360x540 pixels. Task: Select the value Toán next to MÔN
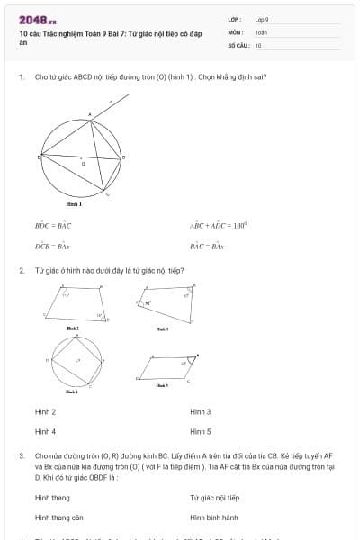(261, 31)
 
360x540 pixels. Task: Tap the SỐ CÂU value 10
(258, 44)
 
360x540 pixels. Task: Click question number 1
(21, 77)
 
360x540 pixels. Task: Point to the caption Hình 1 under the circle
(74, 204)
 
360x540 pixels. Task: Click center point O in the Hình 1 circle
(84, 163)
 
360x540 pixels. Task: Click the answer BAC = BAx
(206, 245)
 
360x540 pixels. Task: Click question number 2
(21, 270)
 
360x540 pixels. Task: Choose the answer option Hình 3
(200, 411)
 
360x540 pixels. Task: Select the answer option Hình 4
(45, 431)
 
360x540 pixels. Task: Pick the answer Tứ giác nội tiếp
(214, 498)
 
